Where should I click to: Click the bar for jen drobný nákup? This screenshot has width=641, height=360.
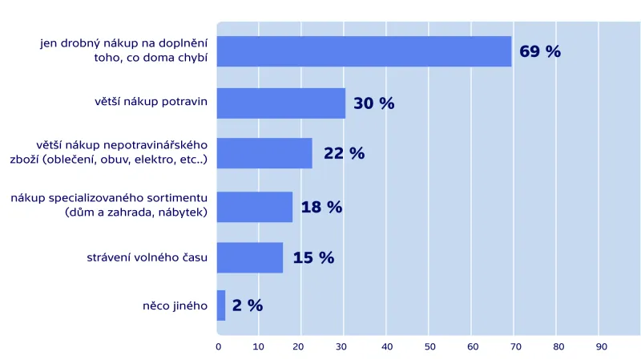[x=364, y=51]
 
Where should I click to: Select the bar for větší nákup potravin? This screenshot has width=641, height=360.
[x=280, y=103]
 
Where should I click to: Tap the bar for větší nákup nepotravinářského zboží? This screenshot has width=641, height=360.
[x=264, y=153]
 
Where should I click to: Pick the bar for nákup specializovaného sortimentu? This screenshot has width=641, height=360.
[x=255, y=207]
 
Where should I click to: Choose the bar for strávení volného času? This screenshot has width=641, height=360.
[x=250, y=257]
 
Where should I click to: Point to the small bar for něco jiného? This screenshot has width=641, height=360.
[x=221, y=305]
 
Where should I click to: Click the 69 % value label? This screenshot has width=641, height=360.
[x=540, y=52]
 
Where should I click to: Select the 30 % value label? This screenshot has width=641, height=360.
[x=374, y=103]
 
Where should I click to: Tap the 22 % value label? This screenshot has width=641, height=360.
[x=344, y=153]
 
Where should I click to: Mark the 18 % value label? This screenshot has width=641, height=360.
[x=321, y=207]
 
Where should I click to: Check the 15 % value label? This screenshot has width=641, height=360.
[x=313, y=257]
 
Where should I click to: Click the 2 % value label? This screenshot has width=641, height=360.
[x=248, y=305]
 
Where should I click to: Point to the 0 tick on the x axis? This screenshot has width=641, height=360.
[x=218, y=346]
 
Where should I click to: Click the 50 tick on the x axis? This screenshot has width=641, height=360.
[x=429, y=346]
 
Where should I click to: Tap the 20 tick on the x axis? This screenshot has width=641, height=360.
[x=301, y=346]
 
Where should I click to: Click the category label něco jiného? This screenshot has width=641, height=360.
[x=175, y=305]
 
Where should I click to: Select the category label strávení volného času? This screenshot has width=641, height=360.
[x=147, y=257]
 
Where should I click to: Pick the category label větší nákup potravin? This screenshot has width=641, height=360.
[x=151, y=101]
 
